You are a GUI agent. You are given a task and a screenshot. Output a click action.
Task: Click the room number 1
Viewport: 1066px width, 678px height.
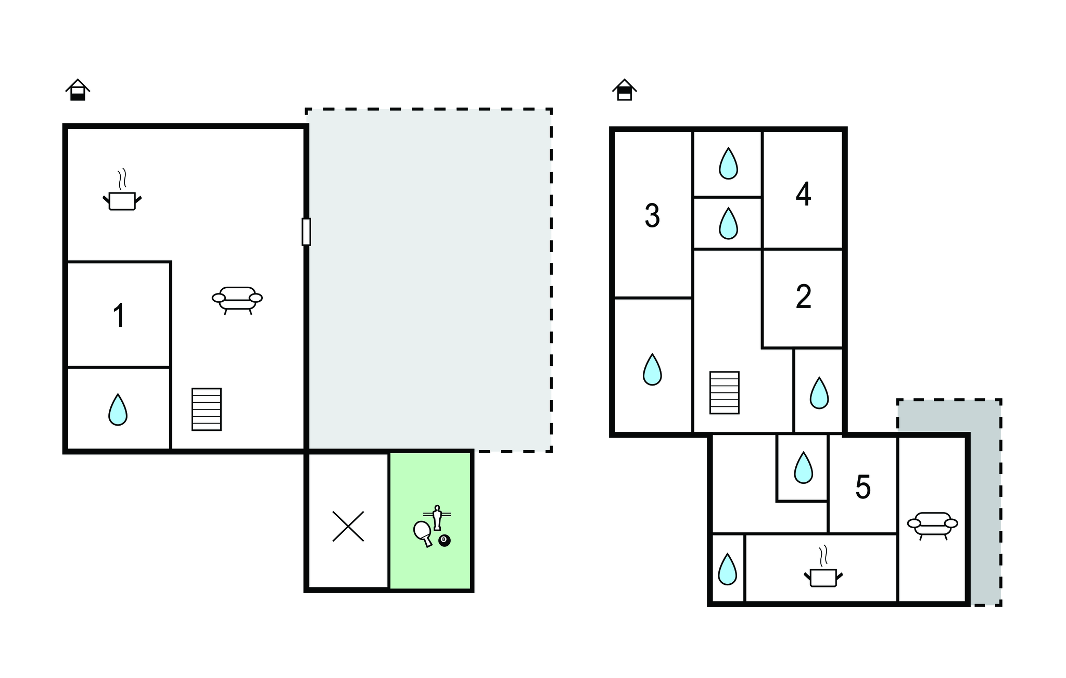click(x=119, y=315)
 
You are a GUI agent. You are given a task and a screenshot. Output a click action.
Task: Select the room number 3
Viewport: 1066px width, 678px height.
click(x=652, y=215)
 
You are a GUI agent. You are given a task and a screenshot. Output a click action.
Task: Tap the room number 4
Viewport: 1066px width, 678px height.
click(x=803, y=194)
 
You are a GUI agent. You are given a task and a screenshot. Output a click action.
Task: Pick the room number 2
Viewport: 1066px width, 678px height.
click(x=804, y=297)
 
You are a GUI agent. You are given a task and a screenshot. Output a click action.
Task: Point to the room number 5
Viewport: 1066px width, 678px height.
click(x=863, y=488)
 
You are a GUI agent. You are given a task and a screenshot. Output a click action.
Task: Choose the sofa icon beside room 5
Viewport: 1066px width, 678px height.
click(x=933, y=526)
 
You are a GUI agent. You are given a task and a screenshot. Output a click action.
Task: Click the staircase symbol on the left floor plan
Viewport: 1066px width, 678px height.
click(x=207, y=410)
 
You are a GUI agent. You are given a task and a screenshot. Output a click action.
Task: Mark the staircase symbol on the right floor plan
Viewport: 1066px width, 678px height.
click(x=725, y=393)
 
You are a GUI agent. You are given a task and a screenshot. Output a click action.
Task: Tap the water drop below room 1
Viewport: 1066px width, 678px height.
click(x=118, y=410)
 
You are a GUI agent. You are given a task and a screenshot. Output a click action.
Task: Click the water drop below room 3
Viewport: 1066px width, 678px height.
click(x=652, y=369)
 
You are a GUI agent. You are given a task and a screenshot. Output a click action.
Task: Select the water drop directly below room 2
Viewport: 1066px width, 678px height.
click(x=819, y=393)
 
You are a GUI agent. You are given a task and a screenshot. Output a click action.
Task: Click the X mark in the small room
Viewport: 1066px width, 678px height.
click(x=348, y=526)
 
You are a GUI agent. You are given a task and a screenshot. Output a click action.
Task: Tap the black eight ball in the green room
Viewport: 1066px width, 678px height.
click(x=445, y=541)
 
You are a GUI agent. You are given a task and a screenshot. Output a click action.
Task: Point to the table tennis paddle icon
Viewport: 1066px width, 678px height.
click(x=422, y=531)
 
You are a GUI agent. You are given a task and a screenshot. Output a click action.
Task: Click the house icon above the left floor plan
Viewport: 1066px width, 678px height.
click(x=78, y=89)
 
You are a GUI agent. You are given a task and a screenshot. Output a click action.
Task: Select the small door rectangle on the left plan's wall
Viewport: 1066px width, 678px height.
click(x=307, y=232)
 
